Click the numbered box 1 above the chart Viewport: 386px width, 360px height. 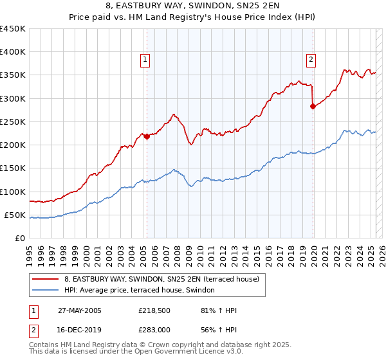click(x=146, y=60)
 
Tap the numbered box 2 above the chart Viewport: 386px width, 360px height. click(x=311, y=60)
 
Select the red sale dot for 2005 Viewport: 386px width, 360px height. click(x=147, y=136)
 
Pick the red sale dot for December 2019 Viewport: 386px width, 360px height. click(x=313, y=107)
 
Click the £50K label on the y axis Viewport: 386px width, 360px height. click(x=15, y=215)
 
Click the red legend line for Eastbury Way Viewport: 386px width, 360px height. click(x=45, y=279)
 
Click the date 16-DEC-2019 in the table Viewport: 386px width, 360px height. click(x=78, y=329)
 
